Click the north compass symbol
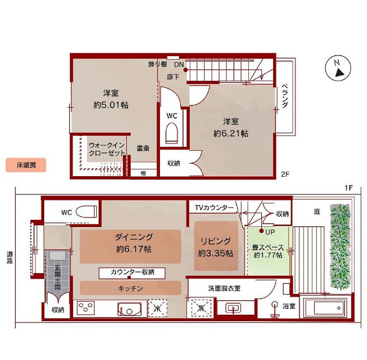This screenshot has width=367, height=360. [338, 68]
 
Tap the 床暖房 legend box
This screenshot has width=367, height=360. [26, 166]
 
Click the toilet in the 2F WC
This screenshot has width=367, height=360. [172, 133]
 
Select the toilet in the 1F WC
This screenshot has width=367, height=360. [86, 211]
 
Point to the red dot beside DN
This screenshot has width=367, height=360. [185, 70]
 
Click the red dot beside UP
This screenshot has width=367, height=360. [262, 231]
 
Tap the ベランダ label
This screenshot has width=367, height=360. [284, 95]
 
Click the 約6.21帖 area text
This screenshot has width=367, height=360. [231, 133]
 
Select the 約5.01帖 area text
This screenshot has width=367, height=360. [111, 105]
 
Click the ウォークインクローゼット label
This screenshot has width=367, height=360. [107, 149]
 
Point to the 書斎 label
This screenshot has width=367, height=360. [143, 148]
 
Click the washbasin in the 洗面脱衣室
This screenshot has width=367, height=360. [234, 308]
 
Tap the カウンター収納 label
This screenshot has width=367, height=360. [132, 272]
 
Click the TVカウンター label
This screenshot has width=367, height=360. [214, 207]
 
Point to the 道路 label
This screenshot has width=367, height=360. [9, 257]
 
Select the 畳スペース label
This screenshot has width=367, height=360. [268, 247]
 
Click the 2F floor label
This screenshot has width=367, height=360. [285, 174]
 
